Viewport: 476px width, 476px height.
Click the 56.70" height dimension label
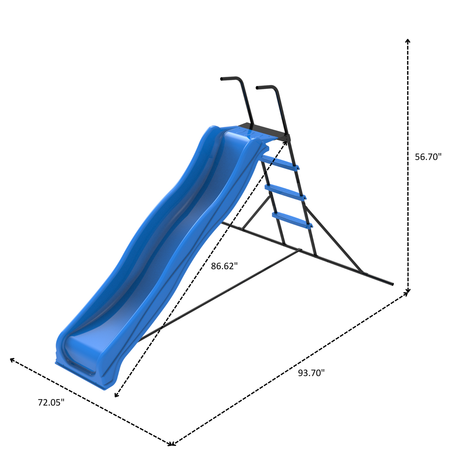[x=428, y=157]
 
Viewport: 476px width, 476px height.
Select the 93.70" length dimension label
[x=311, y=373]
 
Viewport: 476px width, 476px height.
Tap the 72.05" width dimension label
[x=51, y=402]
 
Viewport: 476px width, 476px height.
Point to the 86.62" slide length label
[x=224, y=266]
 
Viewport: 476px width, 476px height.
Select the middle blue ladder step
[x=285, y=192]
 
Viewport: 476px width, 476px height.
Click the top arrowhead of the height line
[x=408, y=40]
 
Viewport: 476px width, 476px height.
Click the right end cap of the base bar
[x=392, y=284]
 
